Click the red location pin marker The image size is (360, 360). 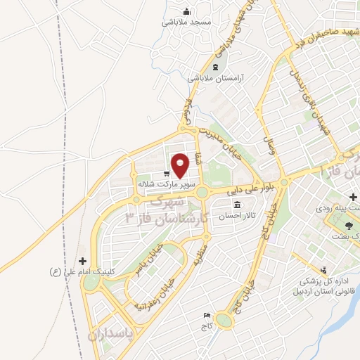181,165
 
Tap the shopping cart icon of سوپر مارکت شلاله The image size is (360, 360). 166,174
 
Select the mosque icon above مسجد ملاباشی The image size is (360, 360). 186,11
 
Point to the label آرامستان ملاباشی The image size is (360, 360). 215,78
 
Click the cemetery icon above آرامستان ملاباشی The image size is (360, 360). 215,67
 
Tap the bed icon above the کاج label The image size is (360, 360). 207,316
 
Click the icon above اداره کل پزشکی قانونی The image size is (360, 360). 323,269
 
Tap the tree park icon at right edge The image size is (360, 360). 349,226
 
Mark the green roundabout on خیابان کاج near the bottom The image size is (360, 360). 224,321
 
